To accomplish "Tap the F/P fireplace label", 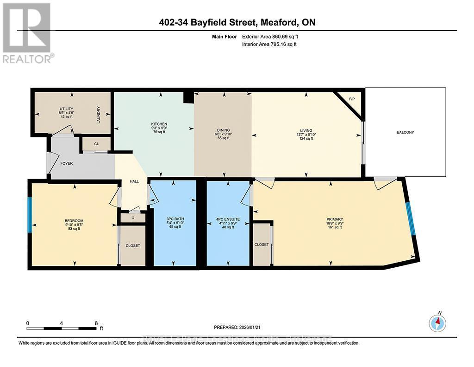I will [x=351, y=99].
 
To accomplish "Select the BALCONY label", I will [x=405, y=132].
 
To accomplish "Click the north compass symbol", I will [x=437, y=322].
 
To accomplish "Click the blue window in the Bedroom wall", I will [x=30, y=215].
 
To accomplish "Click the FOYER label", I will [x=66, y=163].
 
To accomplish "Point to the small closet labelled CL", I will [x=96, y=144].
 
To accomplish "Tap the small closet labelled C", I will [x=133, y=218].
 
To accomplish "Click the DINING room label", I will [x=223, y=130].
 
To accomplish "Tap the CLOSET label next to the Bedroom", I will [x=133, y=245].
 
